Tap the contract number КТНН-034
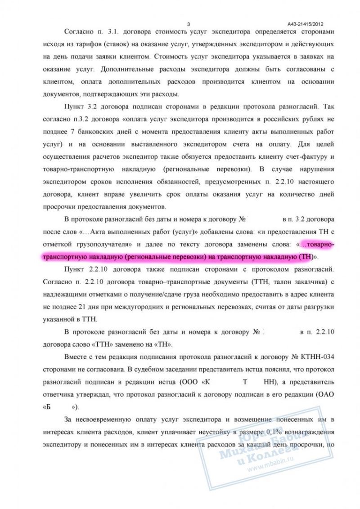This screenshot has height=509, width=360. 318,357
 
